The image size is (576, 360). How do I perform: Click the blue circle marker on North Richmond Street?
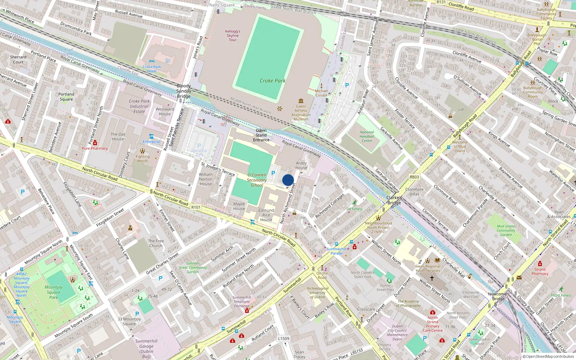(x=288, y=180)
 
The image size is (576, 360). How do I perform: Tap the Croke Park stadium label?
(x=273, y=81)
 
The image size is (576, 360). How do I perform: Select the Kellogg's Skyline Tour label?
(x=233, y=36)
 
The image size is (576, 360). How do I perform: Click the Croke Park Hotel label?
(x=152, y=69)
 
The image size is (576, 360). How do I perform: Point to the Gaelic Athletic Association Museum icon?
(x=301, y=101)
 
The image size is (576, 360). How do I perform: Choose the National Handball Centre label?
(x=367, y=136)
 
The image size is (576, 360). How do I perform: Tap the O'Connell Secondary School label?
(x=257, y=180)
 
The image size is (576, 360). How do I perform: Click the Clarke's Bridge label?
(x=394, y=200)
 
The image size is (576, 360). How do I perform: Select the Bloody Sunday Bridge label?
(x=184, y=91)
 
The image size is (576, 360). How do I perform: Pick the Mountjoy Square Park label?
(x=54, y=292)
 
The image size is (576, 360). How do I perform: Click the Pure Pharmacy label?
(x=95, y=148)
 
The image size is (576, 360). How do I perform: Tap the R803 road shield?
(x=414, y=177)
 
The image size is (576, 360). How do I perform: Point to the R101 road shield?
(x=196, y=207)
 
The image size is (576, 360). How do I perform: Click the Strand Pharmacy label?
(x=540, y=271)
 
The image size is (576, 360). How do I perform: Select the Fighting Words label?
(x=143, y=159)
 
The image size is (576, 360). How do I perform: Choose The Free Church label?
(x=156, y=243)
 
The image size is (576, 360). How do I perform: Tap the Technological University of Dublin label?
(x=318, y=293)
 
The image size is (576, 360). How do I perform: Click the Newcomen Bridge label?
(x=498, y=296)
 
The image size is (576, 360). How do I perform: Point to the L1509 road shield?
(x=284, y=338)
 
